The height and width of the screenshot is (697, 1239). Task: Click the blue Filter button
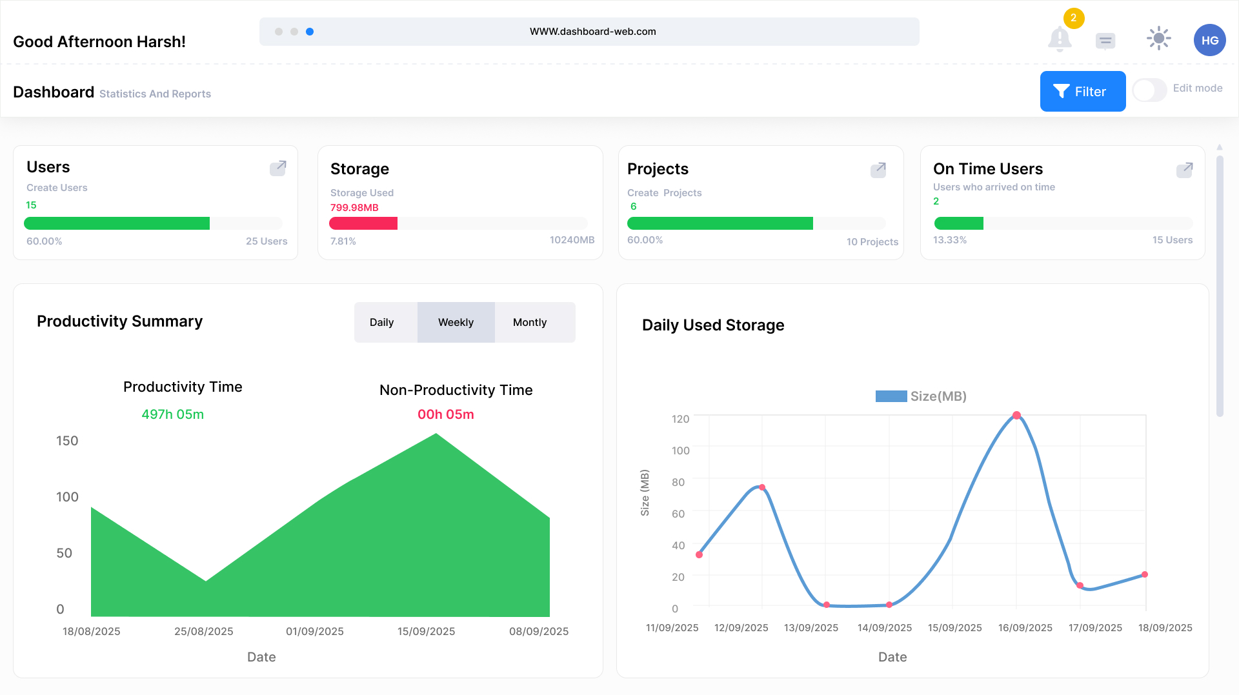(x=1082, y=92)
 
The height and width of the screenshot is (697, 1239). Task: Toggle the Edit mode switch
(x=1149, y=90)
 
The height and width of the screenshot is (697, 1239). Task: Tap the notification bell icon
(x=1060, y=39)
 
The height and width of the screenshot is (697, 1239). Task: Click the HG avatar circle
(x=1209, y=40)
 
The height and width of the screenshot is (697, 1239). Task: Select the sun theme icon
(x=1158, y=39)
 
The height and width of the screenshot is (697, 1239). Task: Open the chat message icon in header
(x=1105, y=41)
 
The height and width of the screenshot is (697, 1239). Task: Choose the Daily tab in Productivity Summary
(x=381, y=322)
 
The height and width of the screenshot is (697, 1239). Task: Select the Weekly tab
(x=456, y=322)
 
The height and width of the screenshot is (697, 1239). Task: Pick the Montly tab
(x=530, y=322)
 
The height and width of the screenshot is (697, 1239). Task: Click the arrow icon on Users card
(x=278, y=168)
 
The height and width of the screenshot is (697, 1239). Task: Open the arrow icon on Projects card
(x=878, y=170)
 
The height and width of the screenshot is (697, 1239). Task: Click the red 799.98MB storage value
(x=354, y=208)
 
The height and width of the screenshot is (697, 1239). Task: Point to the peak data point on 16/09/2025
(x=1016, y=416)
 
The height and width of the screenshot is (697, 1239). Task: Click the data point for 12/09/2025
(x=762, y=488)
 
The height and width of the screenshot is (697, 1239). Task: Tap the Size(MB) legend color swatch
(x=891, y=396)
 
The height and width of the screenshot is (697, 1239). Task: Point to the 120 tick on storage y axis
(x=680, y=419)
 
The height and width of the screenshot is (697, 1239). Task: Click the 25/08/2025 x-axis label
(x=203, y=631)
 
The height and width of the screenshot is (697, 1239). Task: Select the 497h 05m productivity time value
(x=172, y=414)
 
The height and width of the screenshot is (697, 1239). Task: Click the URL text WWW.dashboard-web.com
(x=592, y=32)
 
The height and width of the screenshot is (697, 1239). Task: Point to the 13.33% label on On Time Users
(x=949, y=240)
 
